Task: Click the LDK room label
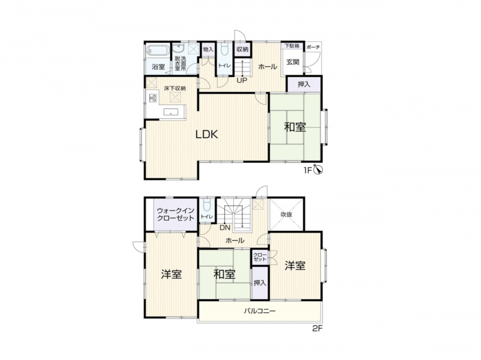click(x=207, y=134)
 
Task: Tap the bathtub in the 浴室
click(x=158, y=50)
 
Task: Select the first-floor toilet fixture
click(x=224, y=49)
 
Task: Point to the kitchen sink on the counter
click(x=171, y=112)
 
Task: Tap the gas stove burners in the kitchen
click(x=153, y=98)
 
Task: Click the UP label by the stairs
click(x=242, y=81)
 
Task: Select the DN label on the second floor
click(x=225, y=228)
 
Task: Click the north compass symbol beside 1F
click(x=318, y=169)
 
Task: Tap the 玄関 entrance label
click(x=293, y=63)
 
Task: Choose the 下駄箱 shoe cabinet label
click(x=292, y=46)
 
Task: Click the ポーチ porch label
click(x=313, y=47)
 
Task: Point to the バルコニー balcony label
click(x=260, y=311)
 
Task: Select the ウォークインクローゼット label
click(x=176, y=214)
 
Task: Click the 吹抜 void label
click(x=286, y=215)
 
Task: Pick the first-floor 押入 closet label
click(x=304, y=84)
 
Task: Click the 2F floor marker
click(x=317, y=328)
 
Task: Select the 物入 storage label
click(x=208, y=49)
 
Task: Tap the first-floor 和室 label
click(x=295, y=127)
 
